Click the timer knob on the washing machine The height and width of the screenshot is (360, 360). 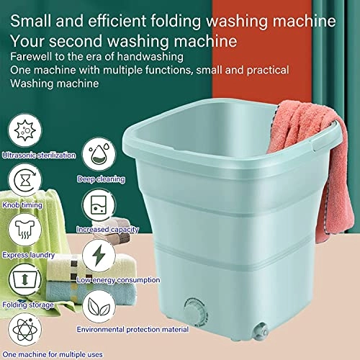pyautogui.click(x=196, y=312)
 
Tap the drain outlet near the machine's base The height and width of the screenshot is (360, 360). pyautogui.click(x=261, y=331)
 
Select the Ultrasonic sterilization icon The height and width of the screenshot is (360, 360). pyautogui.click(x=25, y=130)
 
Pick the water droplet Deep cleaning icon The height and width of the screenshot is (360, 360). pyautogui.click(x=99, y=154)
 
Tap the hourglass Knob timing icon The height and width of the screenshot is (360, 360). pyautogui.click(x=25, y=180)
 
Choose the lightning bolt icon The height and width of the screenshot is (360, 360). pyautogui.click(x=99, y=256)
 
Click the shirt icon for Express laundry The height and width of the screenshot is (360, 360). pyautogui.click(x=25, y=230)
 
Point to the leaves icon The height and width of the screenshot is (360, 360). pyautogui.click(x=99, y=307)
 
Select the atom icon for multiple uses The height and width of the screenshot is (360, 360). pyautogui.click(x=25, y=330)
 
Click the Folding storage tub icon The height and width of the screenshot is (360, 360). pyautogui.click(x=25, y=279)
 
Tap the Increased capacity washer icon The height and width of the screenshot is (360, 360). pyautogui.click(x=99, y=205)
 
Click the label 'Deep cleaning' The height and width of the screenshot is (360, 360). pyautogui.click(x=101, y=179)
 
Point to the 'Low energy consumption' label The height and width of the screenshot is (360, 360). pyautogui.click(x=118, y=280)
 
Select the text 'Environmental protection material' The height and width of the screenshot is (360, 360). pyautogui.click(x=132, y=330)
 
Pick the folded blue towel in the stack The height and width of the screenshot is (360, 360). pyautogui.click(x=91, y=293)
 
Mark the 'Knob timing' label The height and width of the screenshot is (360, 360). pyautogui.click(x=22, y=205)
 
